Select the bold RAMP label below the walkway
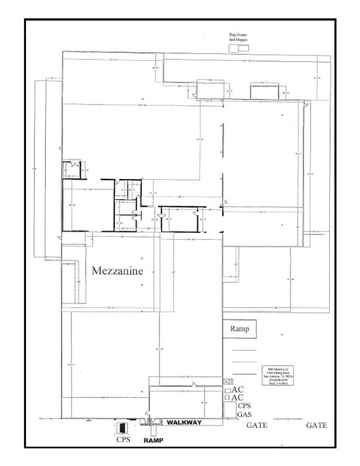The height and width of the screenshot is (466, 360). tap(152, 437)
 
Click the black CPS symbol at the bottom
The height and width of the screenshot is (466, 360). tap(122, 428)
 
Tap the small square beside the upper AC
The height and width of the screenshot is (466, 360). tap(228, 390)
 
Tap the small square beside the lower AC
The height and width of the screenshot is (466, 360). tap(228, 398)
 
